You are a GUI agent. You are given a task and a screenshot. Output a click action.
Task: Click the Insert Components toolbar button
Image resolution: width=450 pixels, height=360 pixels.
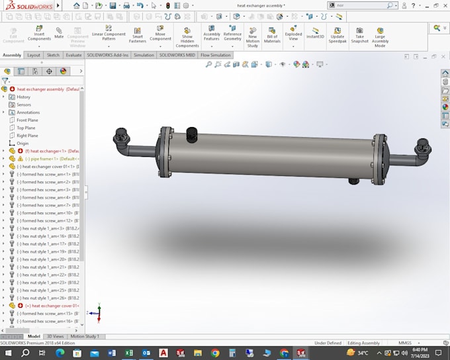(x=39, y=34)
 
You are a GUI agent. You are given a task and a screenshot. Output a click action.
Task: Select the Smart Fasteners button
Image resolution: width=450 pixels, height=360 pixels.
(x=138, y=34)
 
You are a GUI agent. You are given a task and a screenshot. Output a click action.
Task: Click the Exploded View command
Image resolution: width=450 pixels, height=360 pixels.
(x=293, y=34)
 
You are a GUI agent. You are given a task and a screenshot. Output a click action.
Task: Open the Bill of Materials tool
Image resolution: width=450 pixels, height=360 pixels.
(x=272, y=34)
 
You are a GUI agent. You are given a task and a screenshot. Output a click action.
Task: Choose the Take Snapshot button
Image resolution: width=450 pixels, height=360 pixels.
(x=359, y=34)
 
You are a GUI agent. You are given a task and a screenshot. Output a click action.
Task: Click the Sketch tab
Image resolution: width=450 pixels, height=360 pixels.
(x=53, y=56)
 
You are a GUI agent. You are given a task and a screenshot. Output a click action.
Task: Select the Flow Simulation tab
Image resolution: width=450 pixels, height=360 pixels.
(x=216, y=56)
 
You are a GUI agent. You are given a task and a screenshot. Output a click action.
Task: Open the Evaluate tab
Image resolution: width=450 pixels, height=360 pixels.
(x=73, y=56)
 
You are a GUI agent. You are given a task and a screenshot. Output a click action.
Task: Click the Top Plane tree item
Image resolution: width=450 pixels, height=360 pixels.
(x=26, y=128)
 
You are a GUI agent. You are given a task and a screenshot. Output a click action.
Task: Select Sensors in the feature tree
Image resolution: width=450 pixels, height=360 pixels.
(x=24, y=105)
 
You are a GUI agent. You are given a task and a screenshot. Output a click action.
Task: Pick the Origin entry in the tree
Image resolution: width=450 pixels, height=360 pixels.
(x=22, y=143)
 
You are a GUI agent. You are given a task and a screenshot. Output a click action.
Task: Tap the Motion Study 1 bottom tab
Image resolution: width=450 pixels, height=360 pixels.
(x=85, y=336)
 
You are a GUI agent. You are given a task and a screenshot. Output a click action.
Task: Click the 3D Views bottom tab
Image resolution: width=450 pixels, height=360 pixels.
(x=56, y=336)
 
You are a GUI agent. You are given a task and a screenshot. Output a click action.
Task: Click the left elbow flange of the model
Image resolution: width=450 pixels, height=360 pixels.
(x=121, y=136)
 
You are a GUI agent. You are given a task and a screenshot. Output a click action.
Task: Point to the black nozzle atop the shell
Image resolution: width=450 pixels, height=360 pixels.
(x=192, y=134)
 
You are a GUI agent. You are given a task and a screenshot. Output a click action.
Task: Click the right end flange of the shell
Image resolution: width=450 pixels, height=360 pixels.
(x=379, y=158)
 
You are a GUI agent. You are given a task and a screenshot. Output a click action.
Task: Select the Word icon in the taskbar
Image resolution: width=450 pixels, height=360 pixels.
(x=111, y=353)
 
